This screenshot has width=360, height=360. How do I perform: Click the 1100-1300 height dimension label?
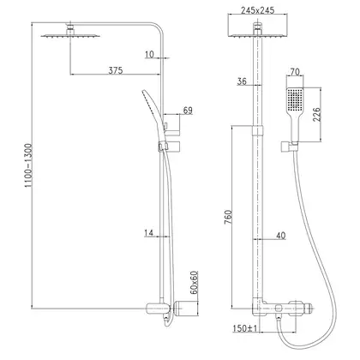coord(29,165)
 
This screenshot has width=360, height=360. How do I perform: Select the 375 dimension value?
coord(116,70)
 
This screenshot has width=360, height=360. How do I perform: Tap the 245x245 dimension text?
coord(257,10)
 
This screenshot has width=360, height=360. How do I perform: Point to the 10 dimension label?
coord(149,54)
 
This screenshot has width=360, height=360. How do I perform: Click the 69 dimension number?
coord(188,111)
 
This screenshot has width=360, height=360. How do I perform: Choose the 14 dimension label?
coord(148,233)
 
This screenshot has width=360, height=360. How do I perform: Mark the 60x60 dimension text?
coord(194,283)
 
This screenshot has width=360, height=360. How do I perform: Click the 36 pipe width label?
coord(242,81)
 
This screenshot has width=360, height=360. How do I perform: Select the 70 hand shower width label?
coord(295,72)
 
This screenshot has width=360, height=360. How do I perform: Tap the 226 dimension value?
coord(317,114)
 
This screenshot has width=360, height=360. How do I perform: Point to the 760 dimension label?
coord(228,217)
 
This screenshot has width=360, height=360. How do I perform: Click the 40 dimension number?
coord(280,236)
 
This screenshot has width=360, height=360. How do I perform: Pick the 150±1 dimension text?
coord(245,328)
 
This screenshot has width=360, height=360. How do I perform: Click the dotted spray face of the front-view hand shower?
coord(295,99)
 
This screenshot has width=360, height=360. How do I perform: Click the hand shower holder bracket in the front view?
coord(289,146)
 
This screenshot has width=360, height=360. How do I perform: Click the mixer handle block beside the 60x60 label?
coord(186,309)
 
